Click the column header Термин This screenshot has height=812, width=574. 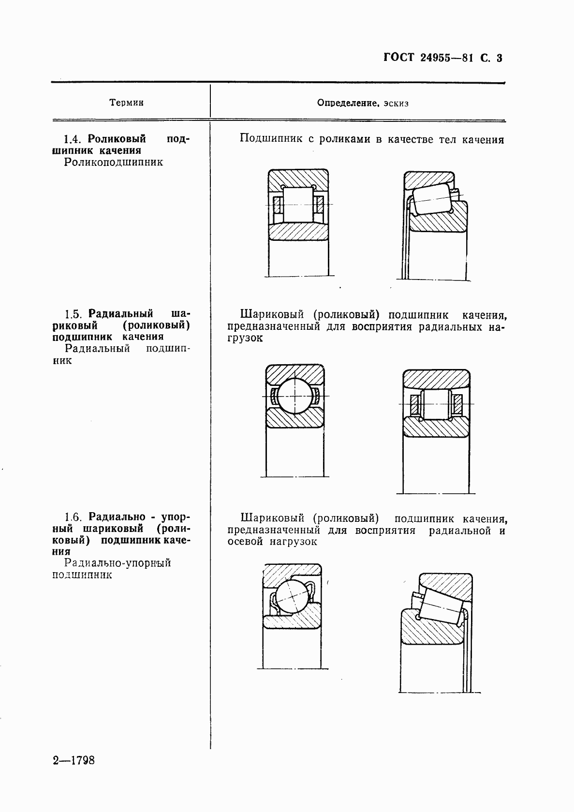126,103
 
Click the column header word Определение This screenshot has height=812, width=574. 347,103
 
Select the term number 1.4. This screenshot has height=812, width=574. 74,139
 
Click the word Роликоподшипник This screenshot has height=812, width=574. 114,162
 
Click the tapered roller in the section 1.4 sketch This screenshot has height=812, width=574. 432,199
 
